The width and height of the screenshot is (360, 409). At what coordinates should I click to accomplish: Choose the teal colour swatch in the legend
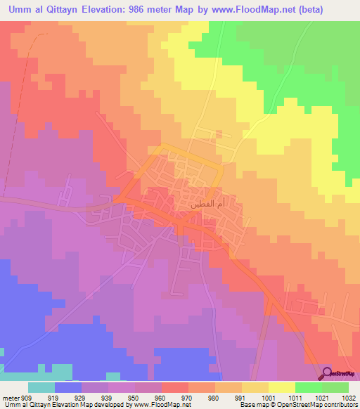pyautogui.click(x=41, y=387)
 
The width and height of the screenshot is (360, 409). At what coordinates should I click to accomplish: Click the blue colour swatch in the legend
pyautogui.click(x=68, y=387)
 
